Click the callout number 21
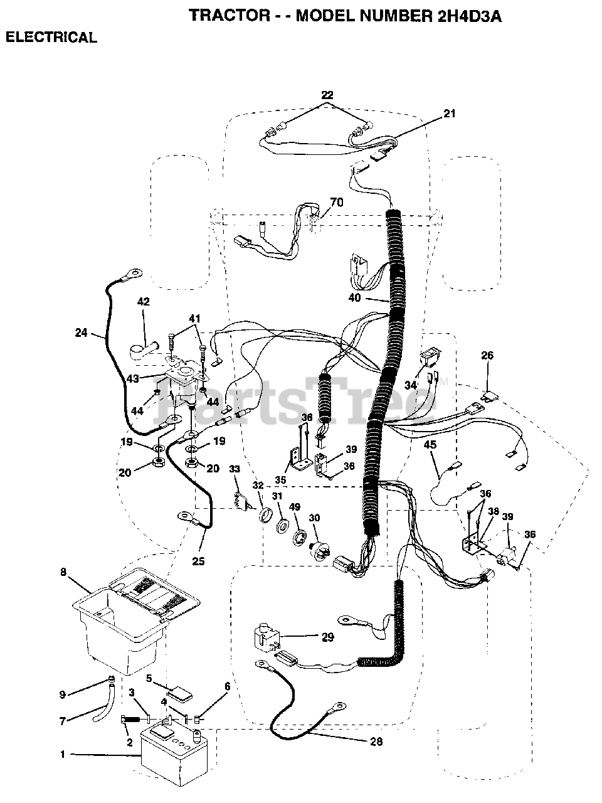[x=450, y=114]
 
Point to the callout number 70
[x=337, y=202]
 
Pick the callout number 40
[x=354, y=298]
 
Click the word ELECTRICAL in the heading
[x=51, y=38]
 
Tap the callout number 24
[x=81, y=333]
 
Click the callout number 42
[x=144, y=301]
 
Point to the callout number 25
[x=198, y=561]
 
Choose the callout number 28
[x=376, y=742]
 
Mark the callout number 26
[x=487, y=356]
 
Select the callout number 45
[x=430, y=445]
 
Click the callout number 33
[x=234, y=469]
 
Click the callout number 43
[x=133, y=379]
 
